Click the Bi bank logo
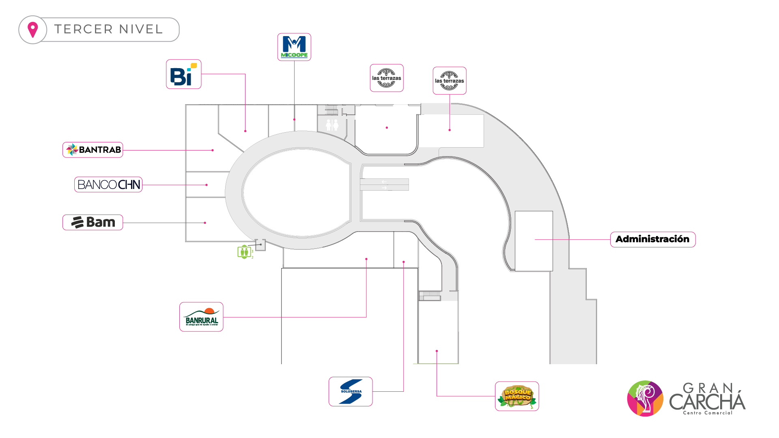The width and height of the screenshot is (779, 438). click(183, 75)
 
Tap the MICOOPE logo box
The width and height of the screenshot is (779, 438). click(294, 47)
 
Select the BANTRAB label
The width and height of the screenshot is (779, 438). click(93, 150)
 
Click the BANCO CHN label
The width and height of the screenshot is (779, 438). click(108, 185)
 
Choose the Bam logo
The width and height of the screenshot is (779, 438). click(93, 222)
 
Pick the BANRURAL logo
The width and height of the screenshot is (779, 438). click(201, 317)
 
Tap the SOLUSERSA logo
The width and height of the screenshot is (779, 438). click(351, 391)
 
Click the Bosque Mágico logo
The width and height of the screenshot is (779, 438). click(517, 396)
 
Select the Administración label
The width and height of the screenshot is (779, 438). click(652, 239)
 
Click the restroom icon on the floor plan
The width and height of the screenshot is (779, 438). click(332, 125)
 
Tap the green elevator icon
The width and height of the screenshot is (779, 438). click(244, 252)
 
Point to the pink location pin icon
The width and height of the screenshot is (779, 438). click(32, 30)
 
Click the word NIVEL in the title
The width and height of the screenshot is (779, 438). click(141, 29)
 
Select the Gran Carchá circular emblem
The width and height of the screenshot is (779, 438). click(645, 398)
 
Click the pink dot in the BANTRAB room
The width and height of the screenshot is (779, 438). click(213, 150)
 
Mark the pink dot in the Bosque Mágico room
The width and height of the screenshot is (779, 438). click(437, 351)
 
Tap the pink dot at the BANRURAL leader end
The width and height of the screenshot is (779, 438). click(366, 259)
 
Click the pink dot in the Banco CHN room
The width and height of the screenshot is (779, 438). click(207, 185)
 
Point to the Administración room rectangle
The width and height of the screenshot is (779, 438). click(534, 241)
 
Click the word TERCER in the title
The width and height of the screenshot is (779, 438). click(84, 29)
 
